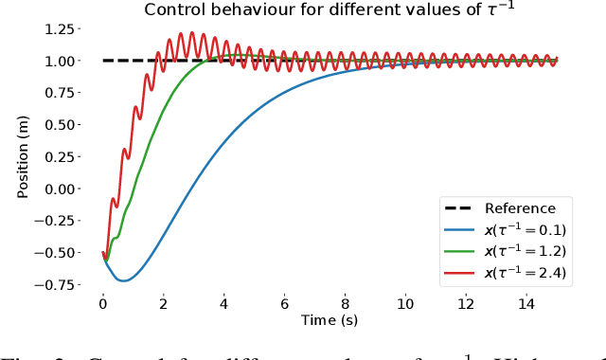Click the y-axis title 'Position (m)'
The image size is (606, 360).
[x=23, y=156]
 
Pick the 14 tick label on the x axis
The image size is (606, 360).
[x=526, y=304]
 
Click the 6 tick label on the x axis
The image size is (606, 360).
[x=284, y=304]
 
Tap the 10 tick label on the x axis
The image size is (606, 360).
[x=405, y=304]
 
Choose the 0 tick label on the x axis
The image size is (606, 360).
[x=103, y=304]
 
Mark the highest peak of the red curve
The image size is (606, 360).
[x=191, y=33]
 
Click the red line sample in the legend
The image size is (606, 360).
[x=461, y=274]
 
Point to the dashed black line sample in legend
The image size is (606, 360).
[x=461, y=209]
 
